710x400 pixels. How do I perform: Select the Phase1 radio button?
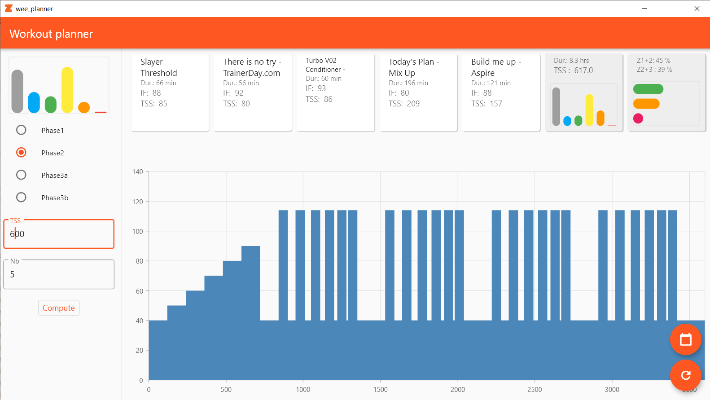[x=21, y=130]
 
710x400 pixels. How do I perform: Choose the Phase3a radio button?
[x=21, y=175]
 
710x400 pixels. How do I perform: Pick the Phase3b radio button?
[x=21, y=198]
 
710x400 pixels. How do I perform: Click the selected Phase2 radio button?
[x=21, y=153]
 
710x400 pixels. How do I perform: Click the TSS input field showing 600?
[x=59, y=234]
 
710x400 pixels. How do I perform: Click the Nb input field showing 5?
[x=59, y=274]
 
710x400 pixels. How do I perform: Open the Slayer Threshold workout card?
[x=170, y=92]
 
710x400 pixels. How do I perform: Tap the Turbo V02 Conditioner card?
[x=336, y=92]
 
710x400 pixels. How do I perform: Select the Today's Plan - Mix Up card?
[x=418, y=92]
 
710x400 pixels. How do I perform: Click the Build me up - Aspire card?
[x=501, y=92]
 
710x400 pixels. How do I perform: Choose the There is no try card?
[x=253, y=92]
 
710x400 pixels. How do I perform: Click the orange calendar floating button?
[x=685, y=339]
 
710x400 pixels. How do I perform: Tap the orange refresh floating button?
[x=685, y=375]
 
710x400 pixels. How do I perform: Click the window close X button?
[x=697, y=9]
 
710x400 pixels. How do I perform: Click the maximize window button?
[x=671, y=9]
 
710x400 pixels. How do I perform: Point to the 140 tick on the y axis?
[x=138, y=172]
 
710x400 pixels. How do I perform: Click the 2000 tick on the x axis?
[x=457, y=390]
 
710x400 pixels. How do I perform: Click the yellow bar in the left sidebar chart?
[x=67, y=90]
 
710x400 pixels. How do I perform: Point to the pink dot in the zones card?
[x=638, y=119]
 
